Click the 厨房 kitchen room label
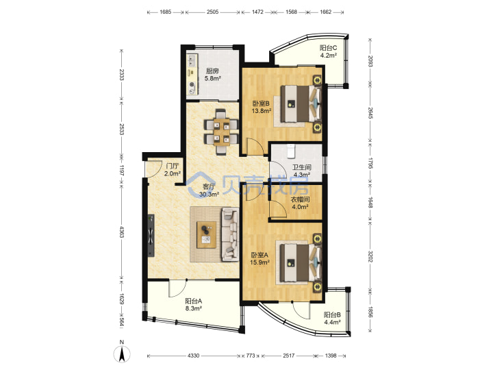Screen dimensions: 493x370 (x=212, y=71)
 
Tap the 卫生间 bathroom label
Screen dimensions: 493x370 (x=302, y=167)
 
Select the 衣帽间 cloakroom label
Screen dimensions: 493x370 (x=300, y=199)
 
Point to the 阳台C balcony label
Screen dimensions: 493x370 (x=329, y=48)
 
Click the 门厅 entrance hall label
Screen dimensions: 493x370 (x=173, y=166)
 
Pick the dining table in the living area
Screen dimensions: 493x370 (x=220, y=132)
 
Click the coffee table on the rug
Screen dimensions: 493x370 (x=206, y=235)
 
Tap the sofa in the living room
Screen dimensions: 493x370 (x=231, y=234)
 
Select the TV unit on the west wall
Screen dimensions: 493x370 (x=151, y=235)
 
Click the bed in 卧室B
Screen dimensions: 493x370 (x=301, y=104)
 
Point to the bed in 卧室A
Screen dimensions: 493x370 (x=301, y=263)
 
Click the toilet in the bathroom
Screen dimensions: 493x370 (x=292, y=151)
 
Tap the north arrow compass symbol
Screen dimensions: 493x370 (x=122, y=353)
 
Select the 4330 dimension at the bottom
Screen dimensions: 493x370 (x=193, y=356)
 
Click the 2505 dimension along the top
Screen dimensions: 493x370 (x=212, y=12)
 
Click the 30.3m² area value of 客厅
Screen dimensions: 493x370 (x=209, y=195)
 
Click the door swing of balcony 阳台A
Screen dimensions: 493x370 (x=177, y=288)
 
